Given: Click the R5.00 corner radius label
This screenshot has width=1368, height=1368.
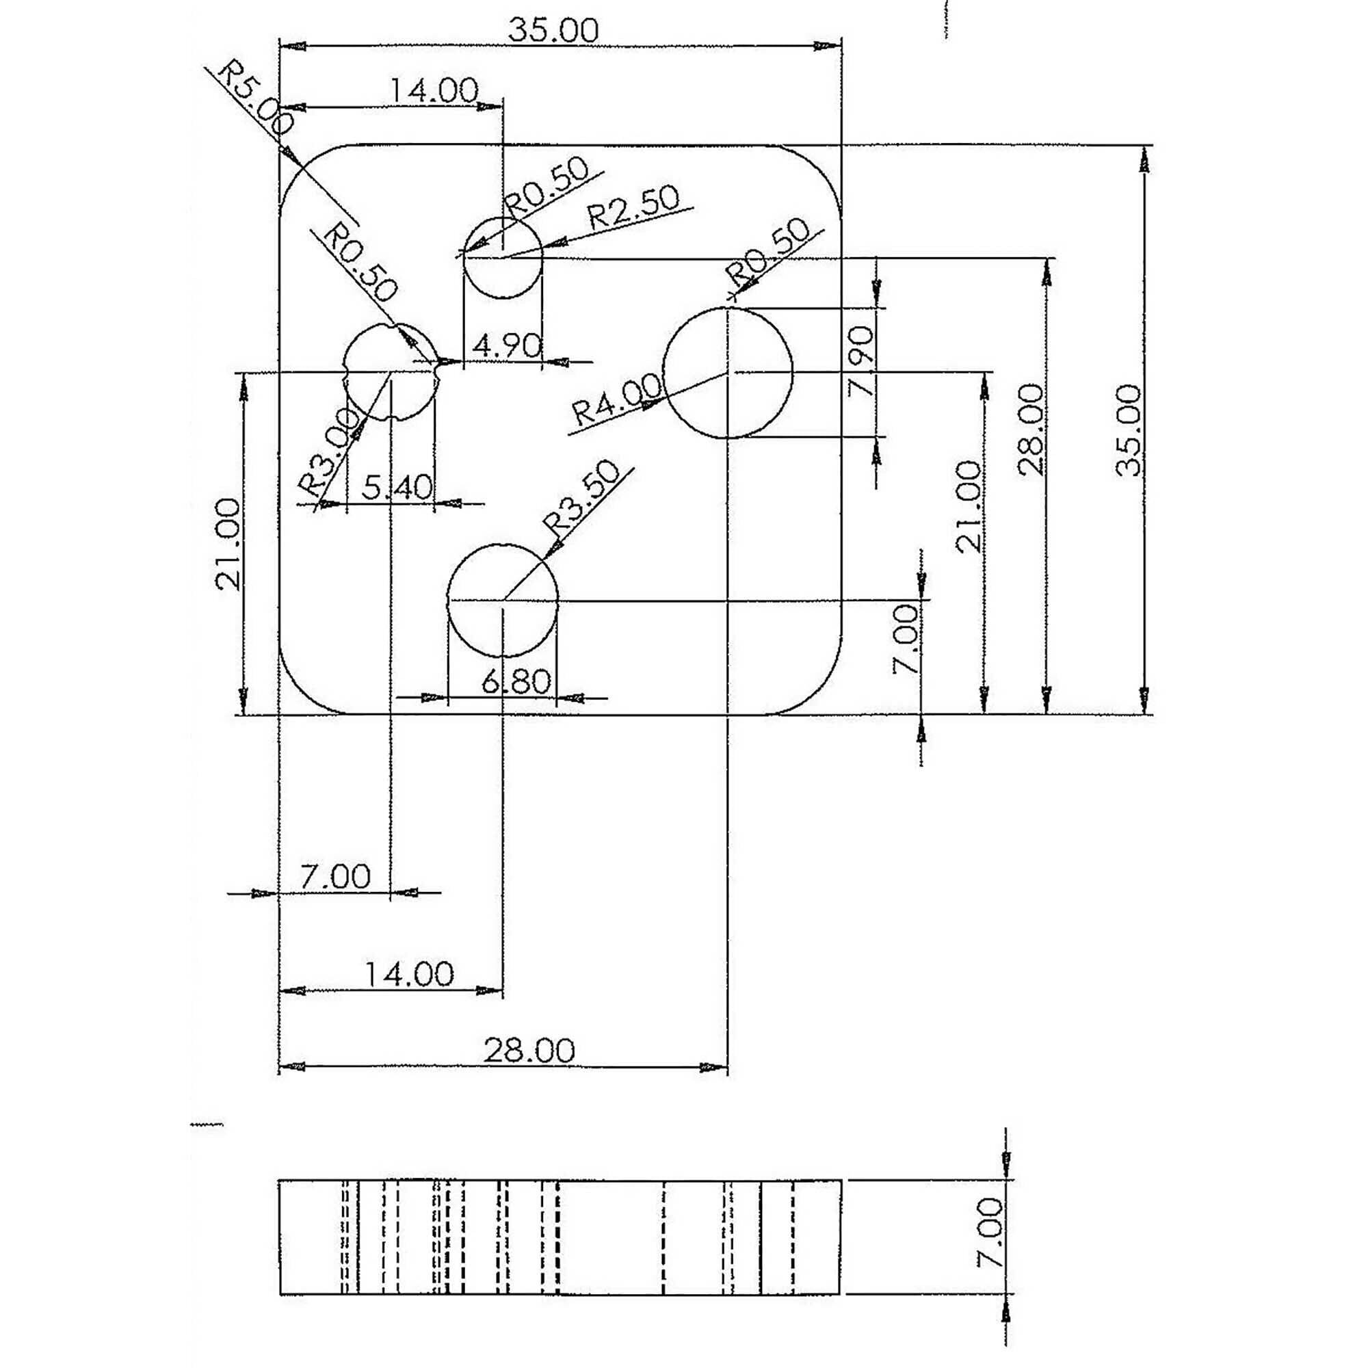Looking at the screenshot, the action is [x=256, y=98].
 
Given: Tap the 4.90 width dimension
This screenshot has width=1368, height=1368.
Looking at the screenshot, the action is [x=507, y=346].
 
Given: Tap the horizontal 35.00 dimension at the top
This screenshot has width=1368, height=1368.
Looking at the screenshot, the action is [x=554, y=31].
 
